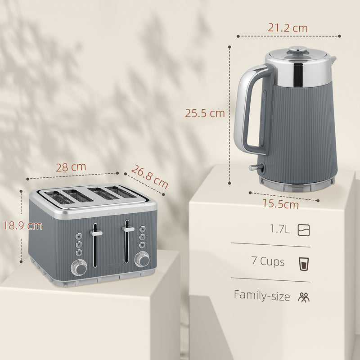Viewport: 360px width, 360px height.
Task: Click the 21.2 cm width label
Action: [288, 28]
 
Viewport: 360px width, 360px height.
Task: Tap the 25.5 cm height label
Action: [205, 113]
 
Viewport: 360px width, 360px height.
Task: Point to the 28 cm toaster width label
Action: [71, 167]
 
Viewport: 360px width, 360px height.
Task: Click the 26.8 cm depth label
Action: [149, 176]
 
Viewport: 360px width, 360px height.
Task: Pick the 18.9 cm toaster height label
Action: [21, 225]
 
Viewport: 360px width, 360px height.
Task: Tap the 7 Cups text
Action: [268, 261]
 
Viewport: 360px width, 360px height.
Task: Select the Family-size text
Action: [261, 295]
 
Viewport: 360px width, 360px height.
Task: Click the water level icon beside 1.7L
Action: [304, 230]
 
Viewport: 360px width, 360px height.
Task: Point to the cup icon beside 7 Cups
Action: [304, 262]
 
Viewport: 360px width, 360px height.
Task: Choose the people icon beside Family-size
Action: [304, 297]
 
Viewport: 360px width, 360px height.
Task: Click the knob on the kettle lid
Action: [295, 50]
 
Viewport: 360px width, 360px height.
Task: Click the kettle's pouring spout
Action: [333, 59]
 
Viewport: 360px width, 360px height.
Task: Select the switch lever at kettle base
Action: [255, 167]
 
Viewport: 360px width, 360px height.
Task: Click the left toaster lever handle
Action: [96, 233]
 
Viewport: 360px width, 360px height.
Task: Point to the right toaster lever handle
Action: [129, 229]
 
